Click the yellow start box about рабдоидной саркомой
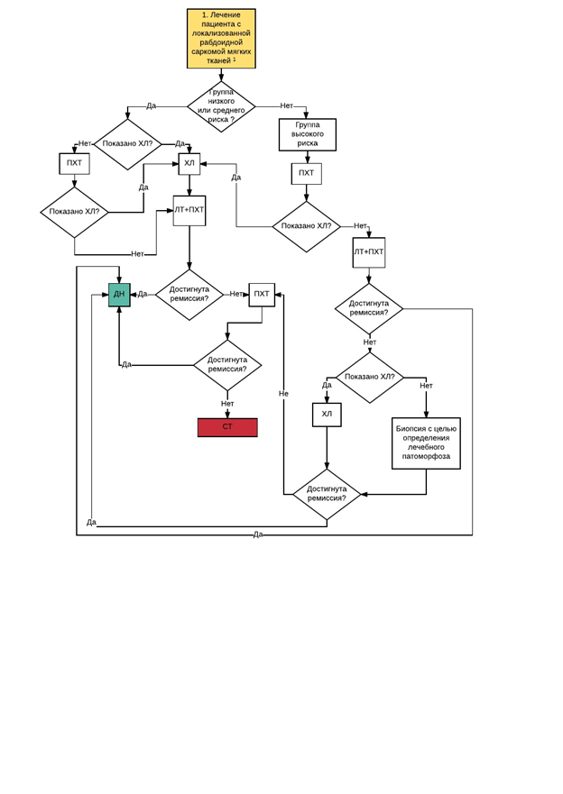pos(221,39)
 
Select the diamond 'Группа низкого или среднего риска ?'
pos(221,106)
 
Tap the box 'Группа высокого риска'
pos(307,134)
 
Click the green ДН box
pos(119,295)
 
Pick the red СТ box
pos(227,427)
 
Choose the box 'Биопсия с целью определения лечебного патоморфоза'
pos(426,443)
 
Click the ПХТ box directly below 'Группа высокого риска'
pos(306,173)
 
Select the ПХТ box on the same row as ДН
pos(262,295)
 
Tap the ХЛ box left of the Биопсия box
pos(327,415)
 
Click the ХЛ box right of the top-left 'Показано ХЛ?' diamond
pos(189,163)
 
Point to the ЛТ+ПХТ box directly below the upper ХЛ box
pos(189,210)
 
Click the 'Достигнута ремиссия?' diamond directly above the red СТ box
pos(227,365)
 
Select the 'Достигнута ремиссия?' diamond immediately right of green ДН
pos(189,295)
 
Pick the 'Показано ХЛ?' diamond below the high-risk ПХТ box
pos(306,226)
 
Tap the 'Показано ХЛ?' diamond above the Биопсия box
pos(369,378)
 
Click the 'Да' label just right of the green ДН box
pos(143,294)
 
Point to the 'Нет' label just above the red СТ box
pos(227,404)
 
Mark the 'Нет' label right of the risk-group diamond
pos(286,105)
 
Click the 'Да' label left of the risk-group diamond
pos(151,105)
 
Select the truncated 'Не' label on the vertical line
pos(283,394)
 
